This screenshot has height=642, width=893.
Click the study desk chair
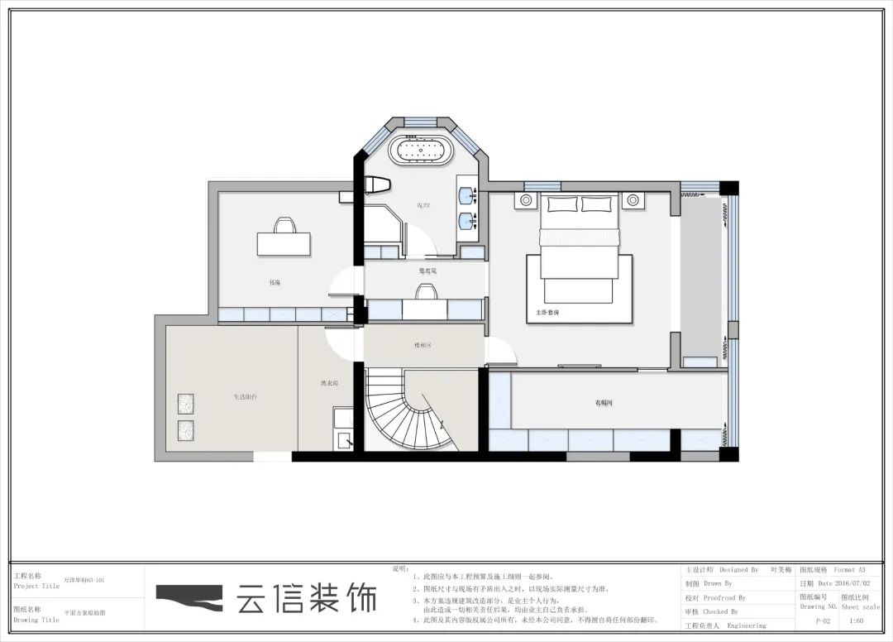point(284,225)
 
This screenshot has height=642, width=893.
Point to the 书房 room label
point(275,283)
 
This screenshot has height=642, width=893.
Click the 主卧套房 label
point(548,314)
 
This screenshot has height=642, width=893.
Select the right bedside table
point(633,199)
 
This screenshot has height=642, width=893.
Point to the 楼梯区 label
point(423,345)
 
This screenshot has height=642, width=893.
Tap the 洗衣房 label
point(328,384)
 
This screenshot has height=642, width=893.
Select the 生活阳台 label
point(245,397)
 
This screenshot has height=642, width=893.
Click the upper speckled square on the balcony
point(185,404)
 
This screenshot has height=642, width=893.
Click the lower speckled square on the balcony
point(185,430)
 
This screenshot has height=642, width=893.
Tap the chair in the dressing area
point(425,291)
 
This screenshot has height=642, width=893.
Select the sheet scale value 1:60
point(857,619)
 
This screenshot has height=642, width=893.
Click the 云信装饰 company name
point(306,597)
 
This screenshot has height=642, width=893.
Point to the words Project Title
point(36,586)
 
